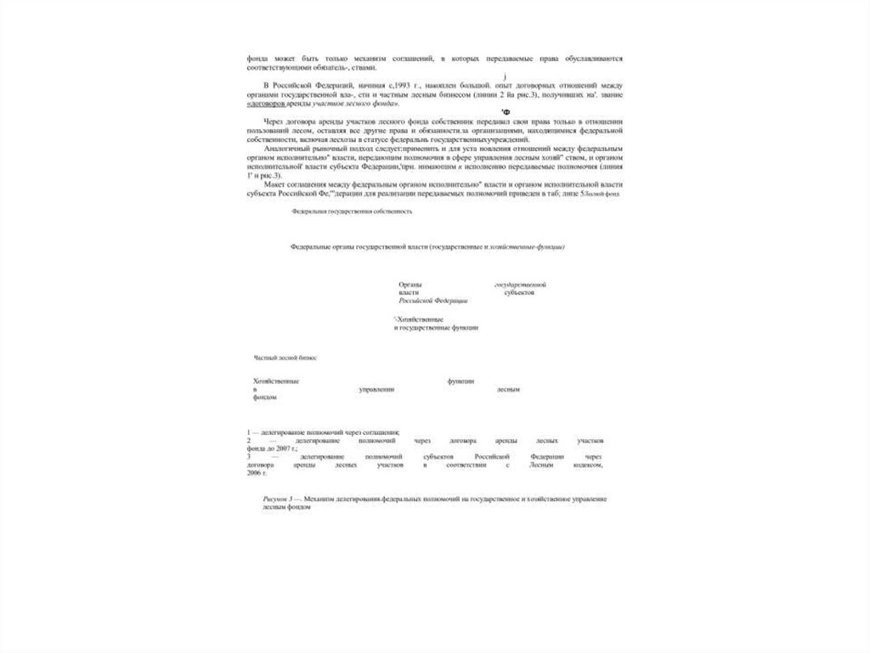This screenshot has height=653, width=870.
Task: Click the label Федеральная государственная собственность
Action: [351, 211]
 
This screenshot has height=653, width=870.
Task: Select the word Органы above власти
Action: [410, 284]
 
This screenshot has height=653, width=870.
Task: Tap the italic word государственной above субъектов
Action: [520, 284]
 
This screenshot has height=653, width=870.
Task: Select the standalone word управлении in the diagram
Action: [376, 389]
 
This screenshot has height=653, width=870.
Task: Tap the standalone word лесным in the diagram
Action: [508, 389]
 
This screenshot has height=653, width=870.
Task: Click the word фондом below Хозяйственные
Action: [265, 397]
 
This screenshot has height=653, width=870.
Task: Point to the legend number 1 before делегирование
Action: [248, 433]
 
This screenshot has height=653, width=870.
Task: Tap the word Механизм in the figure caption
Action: [321, 501]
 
